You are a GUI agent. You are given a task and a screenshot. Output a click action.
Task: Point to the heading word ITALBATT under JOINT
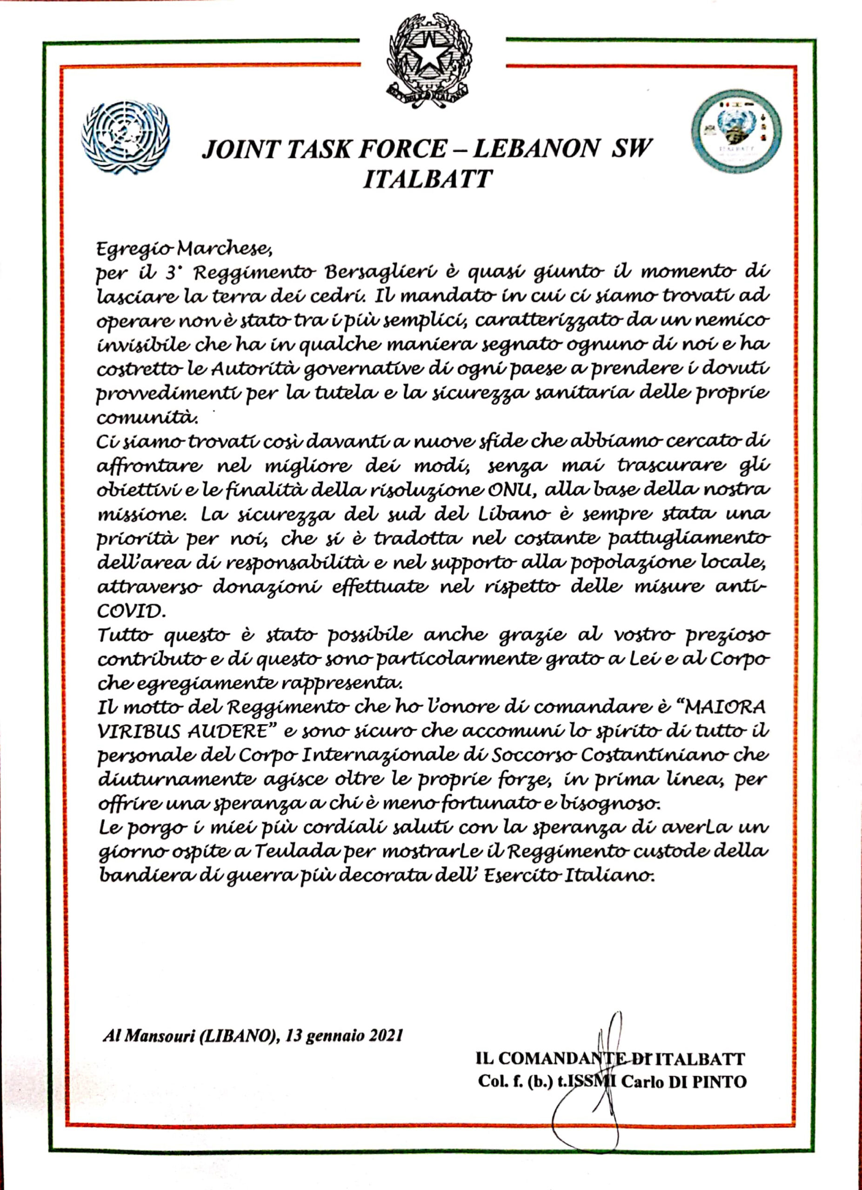pos(428,179)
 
